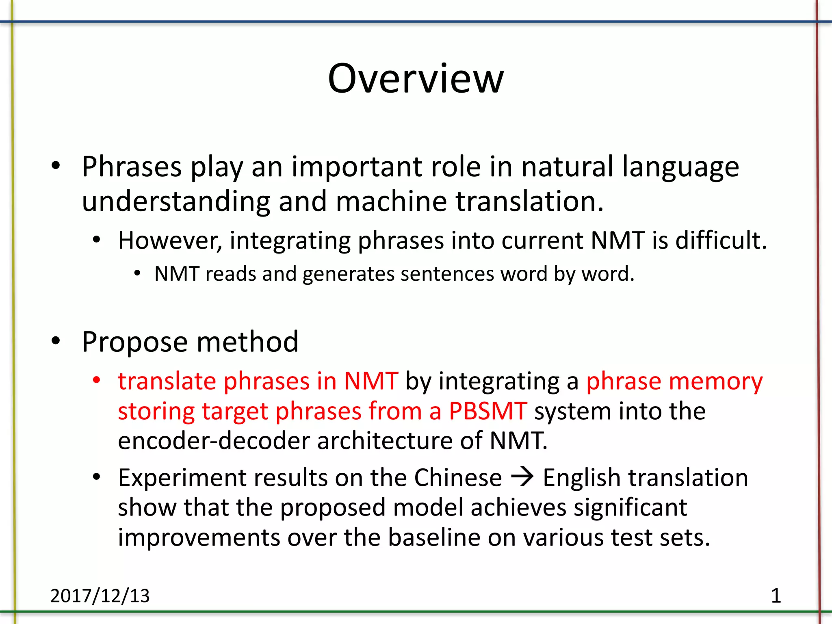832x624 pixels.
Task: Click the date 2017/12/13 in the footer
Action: click(x=100, y=596)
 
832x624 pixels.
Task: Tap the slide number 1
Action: click(x=776, y=596)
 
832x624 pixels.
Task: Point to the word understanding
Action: click(x=176, y=202)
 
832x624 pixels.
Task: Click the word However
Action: click(x=170, y=240)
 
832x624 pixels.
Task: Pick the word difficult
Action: click(x=721, y=240)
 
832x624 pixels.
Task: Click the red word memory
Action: click(x=715, y=382)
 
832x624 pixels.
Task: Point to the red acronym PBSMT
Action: click(x=488, y=411)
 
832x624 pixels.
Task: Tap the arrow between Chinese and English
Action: click(x=522, y=477)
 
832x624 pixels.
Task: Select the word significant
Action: click(x=630, y=508)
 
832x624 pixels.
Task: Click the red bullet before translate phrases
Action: click(x=96, y=381)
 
